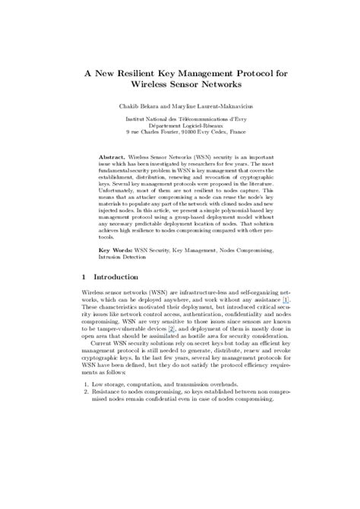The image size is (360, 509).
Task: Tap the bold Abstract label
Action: (x=112, y=156)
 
